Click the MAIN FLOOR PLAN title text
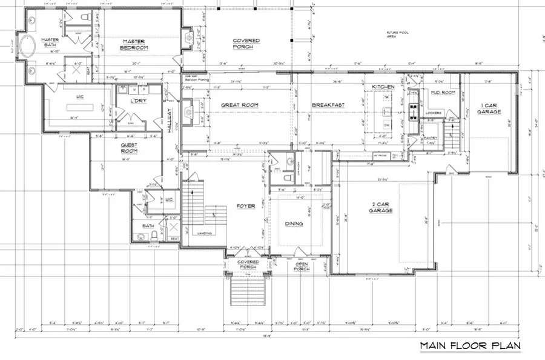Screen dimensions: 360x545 pyautogui.click(x=471, y=346)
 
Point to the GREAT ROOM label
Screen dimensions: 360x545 pyautogui.click(x=240, y=105)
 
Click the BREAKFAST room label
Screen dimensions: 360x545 pyautogui.click(x=328, y=105)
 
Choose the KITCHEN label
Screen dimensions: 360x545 pyautogui.click(x=383, y=87)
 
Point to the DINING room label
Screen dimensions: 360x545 pyautogui.click(x=294, y=224)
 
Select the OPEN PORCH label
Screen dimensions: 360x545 pyautogui.click(x=302, y=267)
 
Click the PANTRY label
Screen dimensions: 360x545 pyautogui.click(x=431, y=138)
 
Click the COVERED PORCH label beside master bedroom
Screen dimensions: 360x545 pyautogui.click(x=246, y=44)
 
